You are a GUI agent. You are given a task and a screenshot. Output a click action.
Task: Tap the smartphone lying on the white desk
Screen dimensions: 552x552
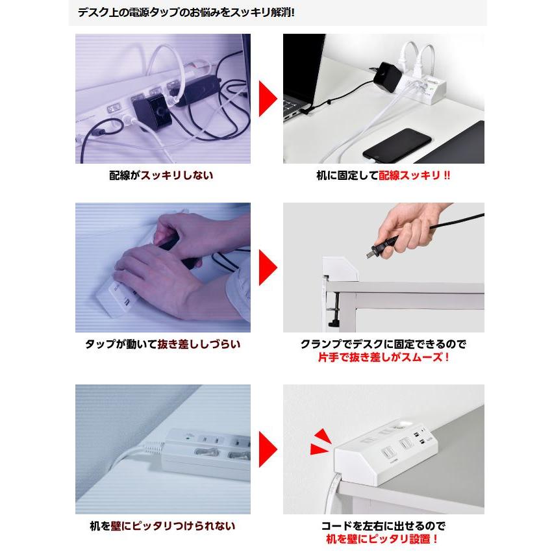point(397,145)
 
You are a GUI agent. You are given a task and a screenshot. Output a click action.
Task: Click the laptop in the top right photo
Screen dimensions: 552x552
point(303,78)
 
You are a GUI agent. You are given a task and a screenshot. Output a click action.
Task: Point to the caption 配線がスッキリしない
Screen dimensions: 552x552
point(162,175)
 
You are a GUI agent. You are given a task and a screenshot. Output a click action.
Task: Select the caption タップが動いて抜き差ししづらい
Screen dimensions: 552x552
point(162,344)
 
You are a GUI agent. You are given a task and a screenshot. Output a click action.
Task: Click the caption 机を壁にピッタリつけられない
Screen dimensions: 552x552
point(162,525)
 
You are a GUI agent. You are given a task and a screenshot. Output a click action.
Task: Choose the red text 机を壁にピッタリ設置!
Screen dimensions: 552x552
point(383,538)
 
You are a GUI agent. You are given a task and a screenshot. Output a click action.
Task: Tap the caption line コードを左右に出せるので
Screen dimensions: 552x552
point(383,525)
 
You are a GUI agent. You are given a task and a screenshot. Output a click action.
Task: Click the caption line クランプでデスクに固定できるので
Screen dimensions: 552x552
point(383,344)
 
